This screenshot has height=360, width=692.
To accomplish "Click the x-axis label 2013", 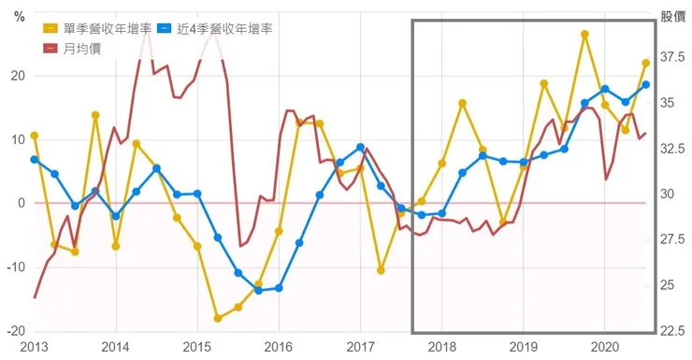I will coord(34,347).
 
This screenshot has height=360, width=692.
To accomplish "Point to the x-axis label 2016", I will coord(279,347).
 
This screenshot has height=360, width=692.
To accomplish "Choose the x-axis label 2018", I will coord(441,347).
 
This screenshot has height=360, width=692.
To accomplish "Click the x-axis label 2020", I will coord(604,347).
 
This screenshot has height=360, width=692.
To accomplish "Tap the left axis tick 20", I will coord(17,76).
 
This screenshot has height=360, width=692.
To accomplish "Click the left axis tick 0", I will coord(20,203).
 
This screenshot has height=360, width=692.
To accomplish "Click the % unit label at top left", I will coord(17,16).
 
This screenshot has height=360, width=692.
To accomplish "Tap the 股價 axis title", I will coord(672,16).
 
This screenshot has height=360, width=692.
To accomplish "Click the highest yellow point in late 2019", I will coord(584,34).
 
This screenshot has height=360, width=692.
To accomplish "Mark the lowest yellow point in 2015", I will coord(218,318).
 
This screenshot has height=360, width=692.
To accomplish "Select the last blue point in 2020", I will coord(646,85).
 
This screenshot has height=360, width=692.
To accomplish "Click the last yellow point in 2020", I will coord(646,64).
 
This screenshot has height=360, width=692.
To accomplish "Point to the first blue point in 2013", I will coord(35,159).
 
